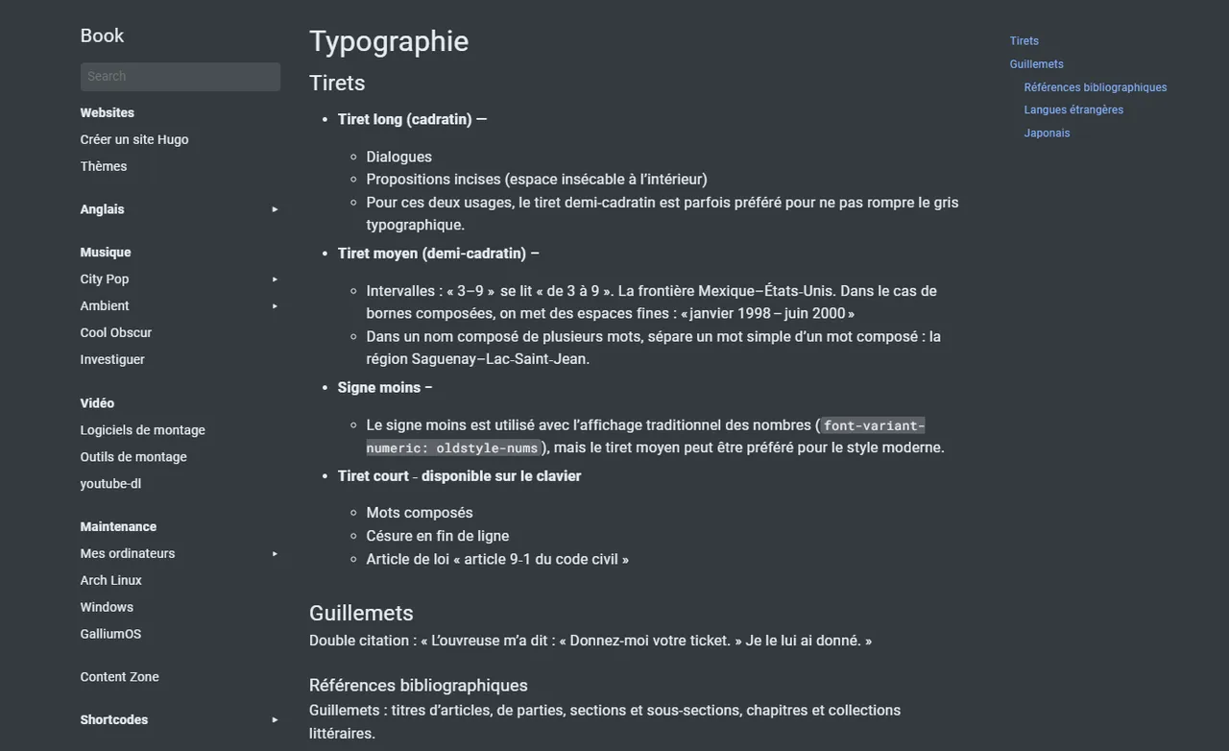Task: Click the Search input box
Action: click(x=180, y=77)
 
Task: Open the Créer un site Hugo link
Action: click(x=134, y=139)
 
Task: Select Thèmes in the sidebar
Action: click(x=104, y=166)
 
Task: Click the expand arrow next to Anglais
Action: click(x=275, y=209)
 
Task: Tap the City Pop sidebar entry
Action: click(x=105, y=279)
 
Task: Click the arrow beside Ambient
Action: click(x=275, y=306)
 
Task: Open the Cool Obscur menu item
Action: click(x=116, y=333)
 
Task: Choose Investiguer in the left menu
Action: click(x=112, y=360)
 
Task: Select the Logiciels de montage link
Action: click(x=143, y=430)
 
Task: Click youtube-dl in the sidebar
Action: click(x=110, y=484)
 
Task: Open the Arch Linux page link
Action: click(x=111, y=581)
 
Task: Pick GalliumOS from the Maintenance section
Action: click(x=110, y=635)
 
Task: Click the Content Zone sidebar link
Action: click(x=120, y=677)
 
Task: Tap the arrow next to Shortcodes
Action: click(x=275, y=720)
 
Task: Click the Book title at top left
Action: click(x=102, y=36)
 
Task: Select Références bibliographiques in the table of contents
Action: click(x=1096, y=87)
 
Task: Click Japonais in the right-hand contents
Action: click(x=1047, y=133)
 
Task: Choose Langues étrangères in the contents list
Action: click(x=1073, y=110)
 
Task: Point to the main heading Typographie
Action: click(x=389, y=41)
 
